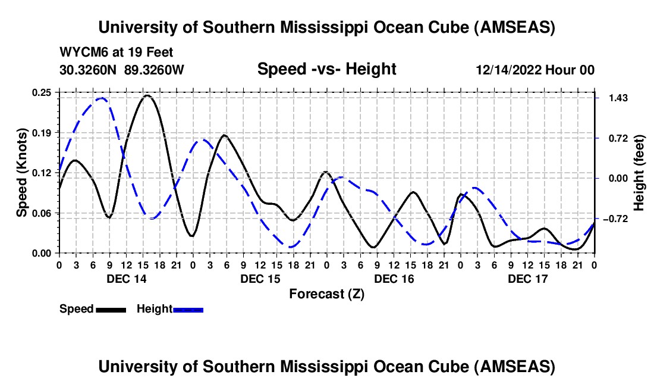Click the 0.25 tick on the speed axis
pyautogui.click(x=42, y=92)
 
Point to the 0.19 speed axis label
pyautogui.click(x=42, y=132)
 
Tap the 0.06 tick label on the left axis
pyautogui.click(x=42, y=213)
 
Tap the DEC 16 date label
pyautogui.click(x=394, y=278)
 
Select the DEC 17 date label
pyautogui.click(x=527, y=278)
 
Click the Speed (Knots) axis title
pyautogui.click(x=22, y=173)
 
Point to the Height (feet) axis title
pyautogui.click(x=640, y=173)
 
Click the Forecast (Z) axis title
pyautogui.click(x=326, y=294)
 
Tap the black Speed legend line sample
pyautogui.click(x=111, y=309)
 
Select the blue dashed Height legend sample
pyautogui.click(x=188, y=309)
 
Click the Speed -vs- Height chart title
pyautogui.click(x=326, y=70)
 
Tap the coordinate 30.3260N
pyautogui.click(x=89, y=70)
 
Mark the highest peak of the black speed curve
pyautogui.click(x=147, y=95)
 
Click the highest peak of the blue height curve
pyautogui.click(x=101, y=98)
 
